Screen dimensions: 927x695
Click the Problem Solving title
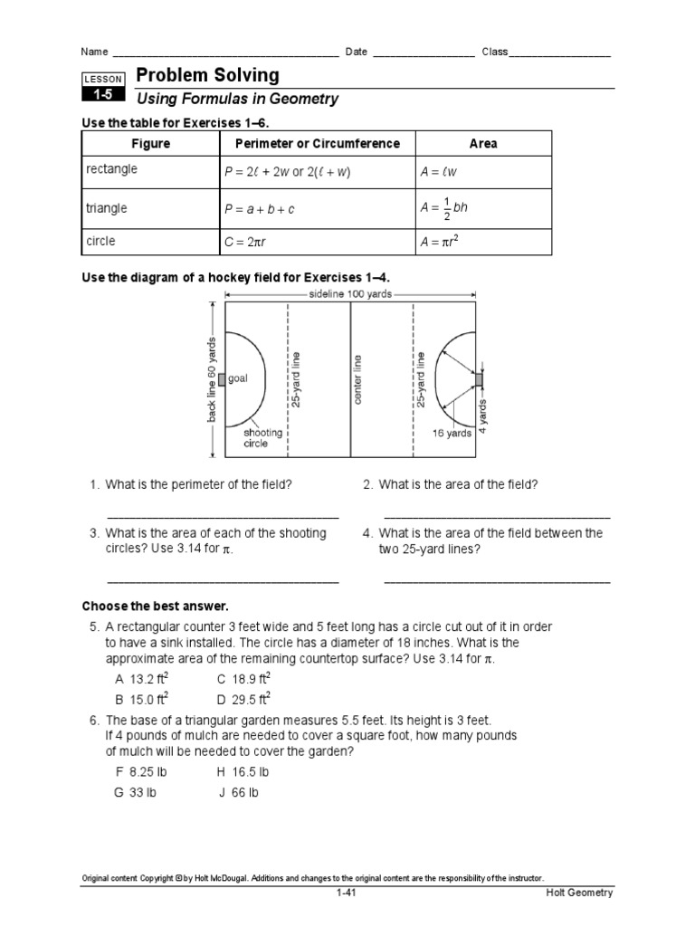[207, 76]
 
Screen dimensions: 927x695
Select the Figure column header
[150, 143]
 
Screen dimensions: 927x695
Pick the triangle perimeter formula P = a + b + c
[260, 209]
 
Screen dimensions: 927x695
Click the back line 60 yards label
[212, 380]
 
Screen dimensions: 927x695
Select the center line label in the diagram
[357, 379]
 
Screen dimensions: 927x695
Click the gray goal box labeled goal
[222, 379]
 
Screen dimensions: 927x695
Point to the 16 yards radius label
[452, 433]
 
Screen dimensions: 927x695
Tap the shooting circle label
[262, 438]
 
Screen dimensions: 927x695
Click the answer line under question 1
[223, 517]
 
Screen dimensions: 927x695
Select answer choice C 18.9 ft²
[243, 678]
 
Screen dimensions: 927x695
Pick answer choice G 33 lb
[135, 792]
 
